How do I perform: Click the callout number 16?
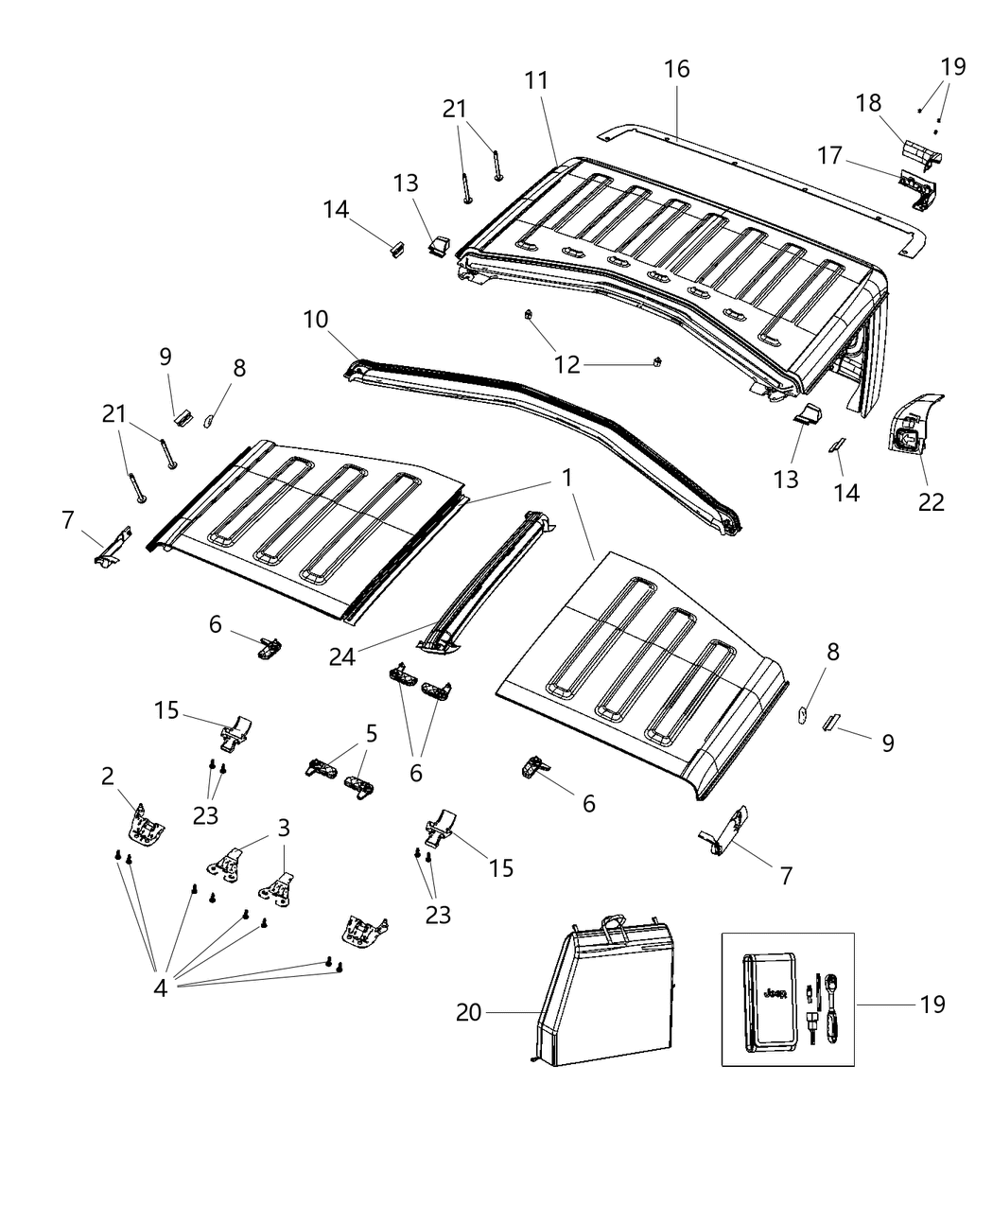click(676, 69)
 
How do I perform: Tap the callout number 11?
click(536, 81)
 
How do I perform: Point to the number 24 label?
click(342, 655)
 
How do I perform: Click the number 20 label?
click(469, 1012)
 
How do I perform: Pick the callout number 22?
click(931, 501)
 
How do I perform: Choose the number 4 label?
click(160, 988)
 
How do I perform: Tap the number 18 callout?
click(869, 102)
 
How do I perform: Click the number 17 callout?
click(829, 156)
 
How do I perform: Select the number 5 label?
click(371, 733)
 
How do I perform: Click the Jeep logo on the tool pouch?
click(775, 994)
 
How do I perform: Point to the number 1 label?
click(566, 479)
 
